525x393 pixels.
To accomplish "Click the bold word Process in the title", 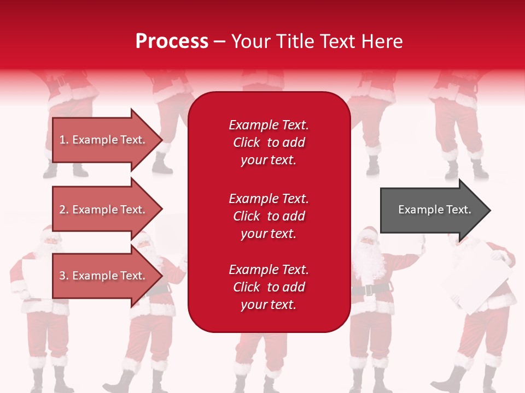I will click(x=172, y=41).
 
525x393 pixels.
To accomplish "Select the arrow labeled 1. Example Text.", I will click(x=104, y=140).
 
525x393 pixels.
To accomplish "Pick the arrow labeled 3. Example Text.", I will click(x=104, y=276).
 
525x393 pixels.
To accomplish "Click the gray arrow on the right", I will click(x=432, y=210).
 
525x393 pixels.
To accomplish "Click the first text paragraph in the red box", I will click(x=269, y=142).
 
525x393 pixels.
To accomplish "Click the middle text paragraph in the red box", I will click(x=269, y=216).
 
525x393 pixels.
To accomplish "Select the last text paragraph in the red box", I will click(x=269, y=287).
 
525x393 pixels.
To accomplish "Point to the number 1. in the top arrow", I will click(x=64, y=140).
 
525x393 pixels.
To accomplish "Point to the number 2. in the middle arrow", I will click(x=64, y=210).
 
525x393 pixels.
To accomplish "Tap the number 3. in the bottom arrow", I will click(x=64, y=276).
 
